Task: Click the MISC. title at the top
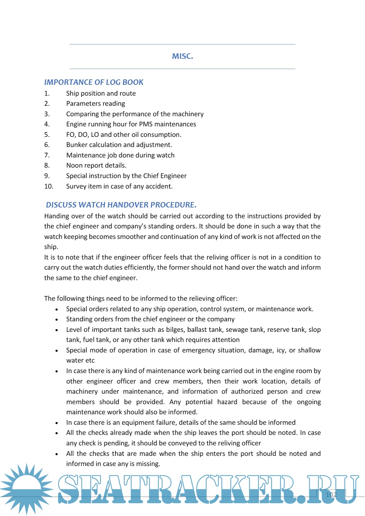click(x=182, y=56)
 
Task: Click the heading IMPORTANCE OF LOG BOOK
click(x=94, y=82)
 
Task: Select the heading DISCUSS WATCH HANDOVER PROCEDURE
click(x=121, y=205)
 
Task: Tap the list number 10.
click(x=49, y=186)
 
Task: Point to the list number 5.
click(x=47, y=134)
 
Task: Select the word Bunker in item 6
click(x=77, y=145)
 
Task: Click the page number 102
click(x=331, y=495)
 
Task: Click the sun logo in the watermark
click(x=26, y=488)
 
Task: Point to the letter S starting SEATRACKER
click(x=69, y=489)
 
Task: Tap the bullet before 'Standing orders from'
click(x=57, y=320)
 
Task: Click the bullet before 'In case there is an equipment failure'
click(x=57, y=423)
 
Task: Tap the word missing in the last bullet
click(x=147, y=464)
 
